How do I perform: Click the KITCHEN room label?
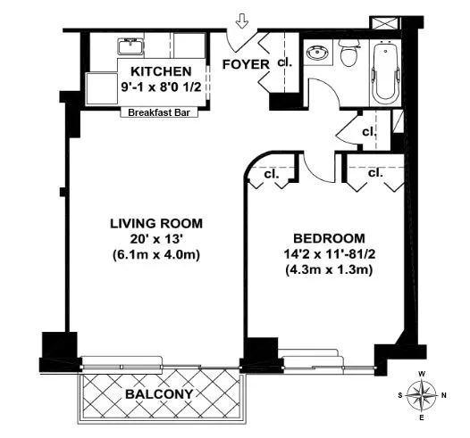pos(160,72)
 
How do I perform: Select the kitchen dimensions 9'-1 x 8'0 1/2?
pos(160,88)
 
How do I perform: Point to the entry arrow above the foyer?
pos(239,20)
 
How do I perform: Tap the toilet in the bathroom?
pos(349,54)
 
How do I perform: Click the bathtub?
pos(386,70)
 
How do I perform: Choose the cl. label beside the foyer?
pos(284,62)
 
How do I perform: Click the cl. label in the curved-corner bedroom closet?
pos(270,175)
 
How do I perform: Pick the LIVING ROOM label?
pos(157,223)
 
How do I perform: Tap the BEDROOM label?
pos(330,238)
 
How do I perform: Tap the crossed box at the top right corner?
pos(389,24)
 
